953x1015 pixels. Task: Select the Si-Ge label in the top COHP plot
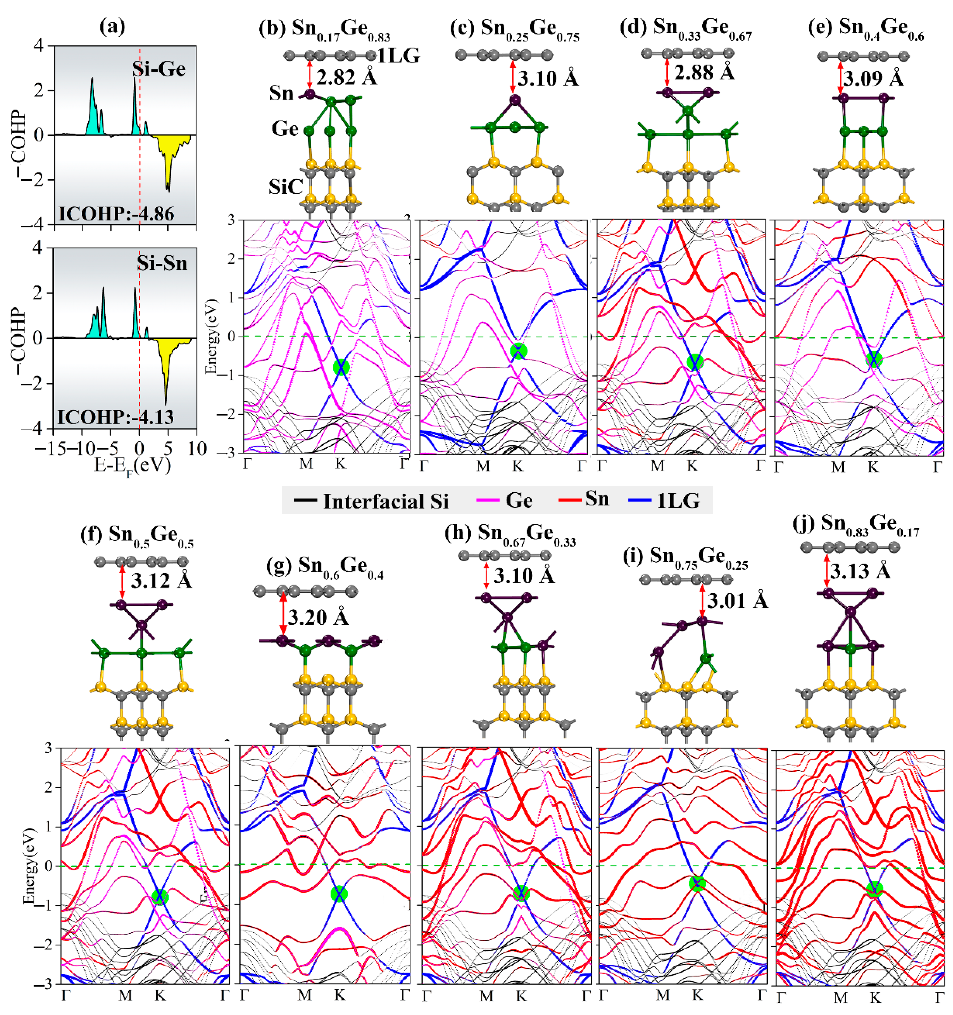(x=159, y=69)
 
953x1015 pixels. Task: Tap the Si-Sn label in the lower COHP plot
(x=162, y=263)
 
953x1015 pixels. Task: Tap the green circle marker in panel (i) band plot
(x=697, y=884)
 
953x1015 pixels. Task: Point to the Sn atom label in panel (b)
(x=281, y=94)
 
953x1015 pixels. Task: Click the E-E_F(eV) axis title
(x=132, y=466)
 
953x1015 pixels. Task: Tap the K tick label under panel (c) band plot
(x=518, y=466)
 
